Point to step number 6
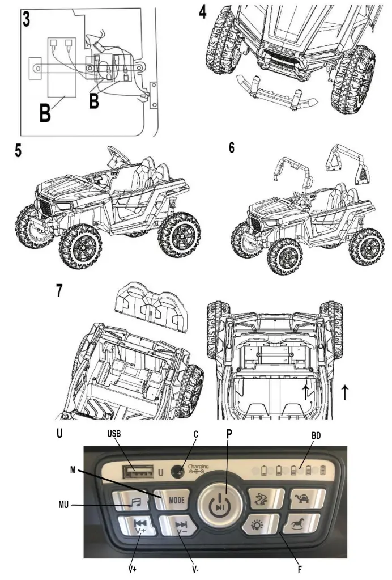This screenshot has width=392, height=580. (232, 149)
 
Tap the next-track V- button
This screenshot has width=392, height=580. (180, 527)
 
